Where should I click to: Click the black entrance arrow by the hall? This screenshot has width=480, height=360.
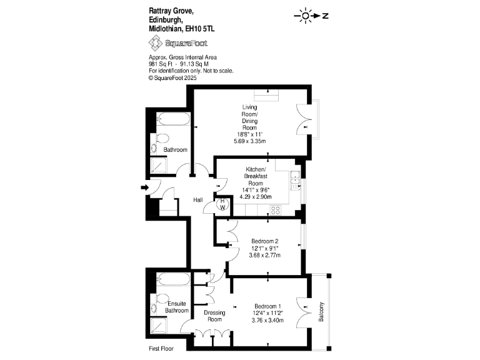pyautogui.click(x=144, y=187)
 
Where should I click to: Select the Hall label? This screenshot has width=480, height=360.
pyautogui.click(x=197, y=199)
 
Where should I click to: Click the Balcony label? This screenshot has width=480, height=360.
pyautogui.click(x=321, y=312)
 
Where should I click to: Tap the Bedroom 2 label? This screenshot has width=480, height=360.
pyautogui.click(x=265, y=241)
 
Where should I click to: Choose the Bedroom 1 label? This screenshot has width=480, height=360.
pyautogui.click(x=268, y=306)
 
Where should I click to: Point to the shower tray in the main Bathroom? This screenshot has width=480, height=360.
pyautogui.click(x=160, y=166)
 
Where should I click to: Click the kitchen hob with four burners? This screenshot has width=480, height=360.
pyautogui.click(x=274, y=210)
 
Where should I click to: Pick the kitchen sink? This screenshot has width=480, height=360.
pyautogui.click(x=293, y=179)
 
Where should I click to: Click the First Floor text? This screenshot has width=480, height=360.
pyautogui.click(x=161, y=348)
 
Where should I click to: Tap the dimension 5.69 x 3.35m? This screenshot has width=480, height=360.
pyautogui.click(x=250, y=142)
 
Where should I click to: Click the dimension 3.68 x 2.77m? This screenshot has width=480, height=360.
pyautogui.click(x=265, y=255)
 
